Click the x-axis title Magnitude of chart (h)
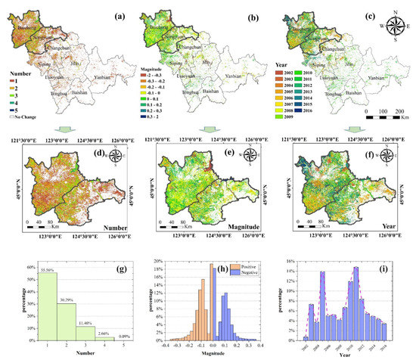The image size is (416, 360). pos(213,353)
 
